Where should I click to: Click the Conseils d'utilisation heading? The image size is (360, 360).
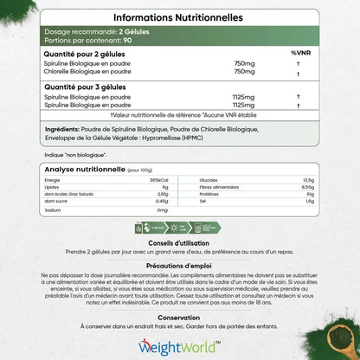tap(180, 241)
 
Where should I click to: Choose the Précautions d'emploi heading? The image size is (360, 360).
tap(180, 266)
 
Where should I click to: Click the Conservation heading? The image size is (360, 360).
tap(180, 318)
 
